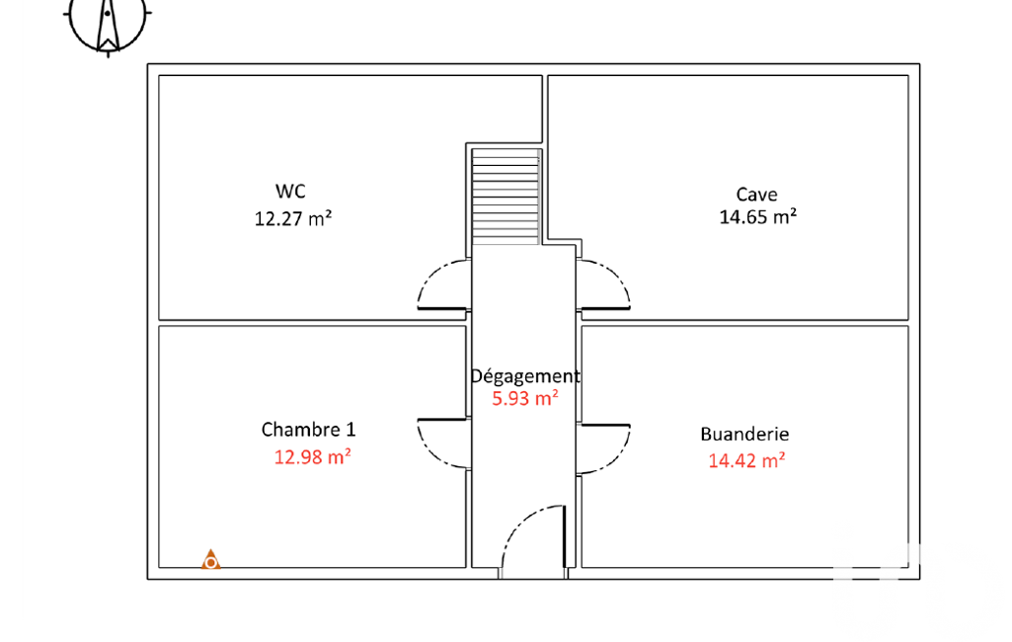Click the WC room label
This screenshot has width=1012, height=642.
[290, 192]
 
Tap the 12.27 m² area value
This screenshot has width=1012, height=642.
[293, 218]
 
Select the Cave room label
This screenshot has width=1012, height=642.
[756, 194]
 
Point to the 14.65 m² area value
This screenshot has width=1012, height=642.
[757, 216]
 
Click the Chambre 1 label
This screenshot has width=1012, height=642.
[308, 429]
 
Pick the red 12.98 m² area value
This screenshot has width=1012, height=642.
[312, 456]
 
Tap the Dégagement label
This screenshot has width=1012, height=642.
[524, 376]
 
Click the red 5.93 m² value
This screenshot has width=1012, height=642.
[524, 398]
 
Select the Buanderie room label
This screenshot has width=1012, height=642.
[744, 434]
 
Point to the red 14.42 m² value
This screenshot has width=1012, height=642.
[746, 460]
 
